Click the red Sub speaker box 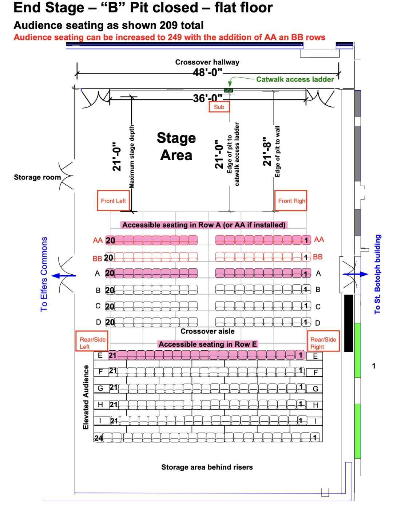219,107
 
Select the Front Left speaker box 113,201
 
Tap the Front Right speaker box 291,201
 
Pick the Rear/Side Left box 92,342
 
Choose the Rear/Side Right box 323,342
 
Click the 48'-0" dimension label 208,72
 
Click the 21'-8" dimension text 267,151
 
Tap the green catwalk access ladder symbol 229,90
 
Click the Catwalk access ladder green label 295,79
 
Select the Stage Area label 176,146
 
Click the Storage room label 37,177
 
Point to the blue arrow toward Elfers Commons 64,276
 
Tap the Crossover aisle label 207,331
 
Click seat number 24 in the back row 98,438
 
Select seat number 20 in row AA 110,240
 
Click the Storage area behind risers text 207,467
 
